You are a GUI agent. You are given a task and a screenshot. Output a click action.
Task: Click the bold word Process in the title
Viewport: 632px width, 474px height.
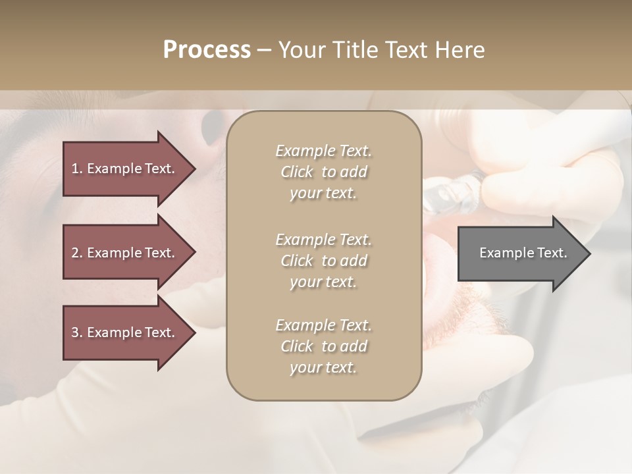coord(207,50)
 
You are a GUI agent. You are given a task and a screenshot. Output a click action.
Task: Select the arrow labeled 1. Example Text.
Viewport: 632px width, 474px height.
coord(125,169)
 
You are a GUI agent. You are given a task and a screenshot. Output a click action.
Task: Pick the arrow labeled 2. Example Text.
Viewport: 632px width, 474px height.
coord(125,253)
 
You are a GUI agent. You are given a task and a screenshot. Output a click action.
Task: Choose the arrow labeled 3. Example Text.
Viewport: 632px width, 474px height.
coord(125,332)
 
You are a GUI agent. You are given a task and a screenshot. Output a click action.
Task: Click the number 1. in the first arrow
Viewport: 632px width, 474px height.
coord(76,169)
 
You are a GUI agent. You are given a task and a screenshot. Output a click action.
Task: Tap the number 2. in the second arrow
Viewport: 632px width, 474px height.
coord(76,253)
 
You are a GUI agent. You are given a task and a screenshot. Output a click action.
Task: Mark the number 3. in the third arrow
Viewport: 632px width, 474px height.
coord(76,332)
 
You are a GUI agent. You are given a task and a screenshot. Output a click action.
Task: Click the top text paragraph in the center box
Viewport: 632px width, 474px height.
coord(323,172)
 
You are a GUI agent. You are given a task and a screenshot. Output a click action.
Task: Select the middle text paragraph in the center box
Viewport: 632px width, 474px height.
coord(323,261)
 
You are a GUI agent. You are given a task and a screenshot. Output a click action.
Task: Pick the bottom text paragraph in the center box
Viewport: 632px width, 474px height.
coord(323,346)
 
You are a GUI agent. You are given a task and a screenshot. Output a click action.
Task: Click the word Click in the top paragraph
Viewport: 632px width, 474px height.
coord(297,172)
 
